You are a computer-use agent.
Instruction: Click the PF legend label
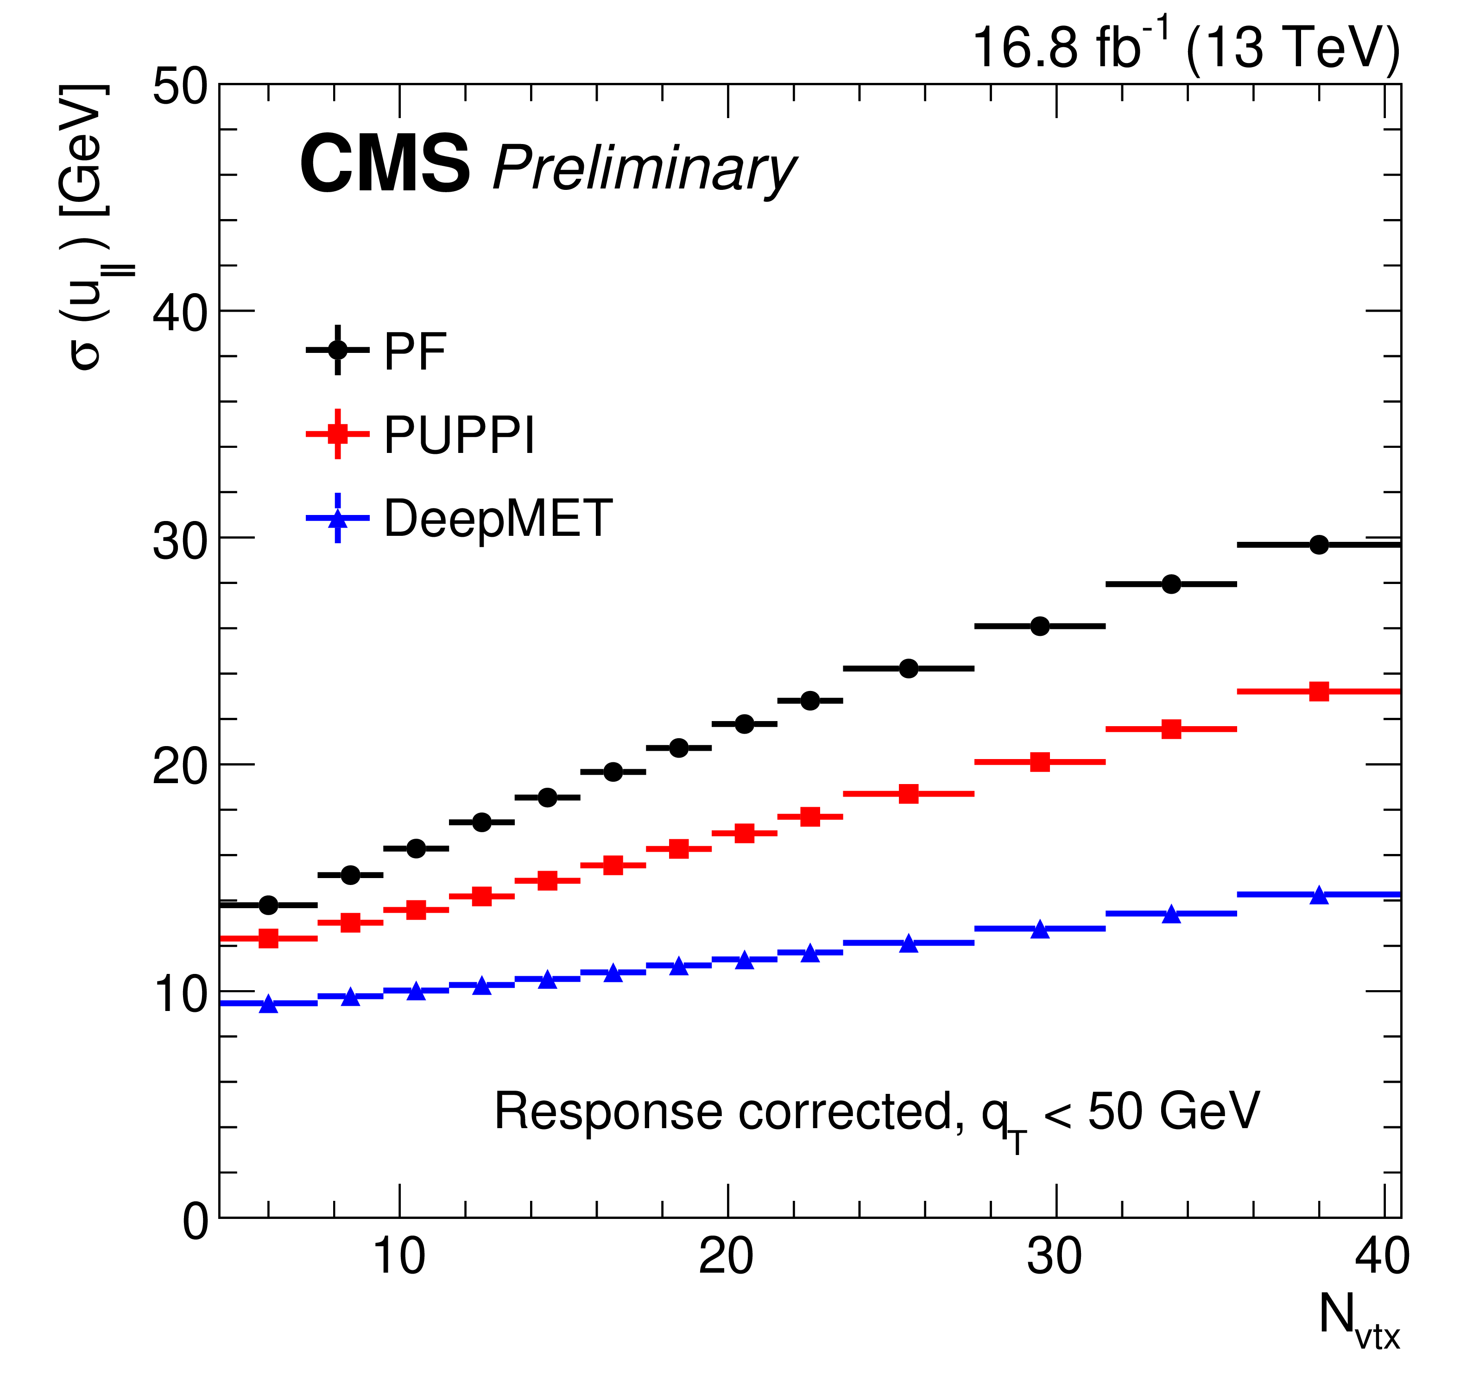(x=414, y=352)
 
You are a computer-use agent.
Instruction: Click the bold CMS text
(x=385, y=165)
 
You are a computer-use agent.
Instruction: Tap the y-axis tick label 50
(x=180, y=88)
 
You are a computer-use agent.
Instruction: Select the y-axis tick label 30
(x=180, y=541)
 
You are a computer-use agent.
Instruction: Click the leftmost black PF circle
(x=268, y=905)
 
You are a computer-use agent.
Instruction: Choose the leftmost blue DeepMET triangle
(x=268, y=1004)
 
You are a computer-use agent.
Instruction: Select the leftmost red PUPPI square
(x=268, y=938)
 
